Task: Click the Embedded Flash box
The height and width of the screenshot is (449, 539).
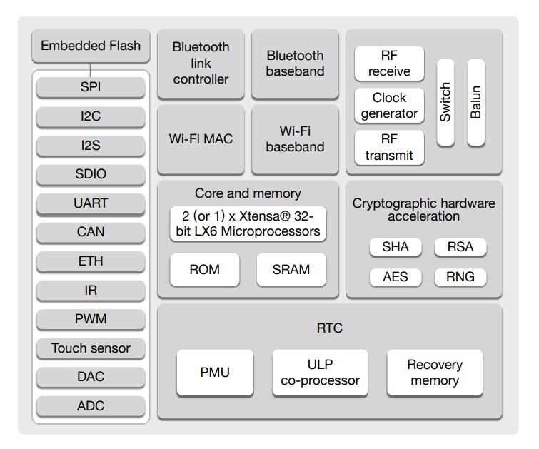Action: coord(91,46)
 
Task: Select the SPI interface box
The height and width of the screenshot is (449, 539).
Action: coord(91,88)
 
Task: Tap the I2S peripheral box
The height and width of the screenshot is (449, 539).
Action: coord(91,146)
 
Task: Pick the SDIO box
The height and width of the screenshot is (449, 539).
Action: coord(91,174)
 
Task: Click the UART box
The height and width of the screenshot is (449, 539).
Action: coord(91,203)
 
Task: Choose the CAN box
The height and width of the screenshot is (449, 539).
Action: coord(91,232)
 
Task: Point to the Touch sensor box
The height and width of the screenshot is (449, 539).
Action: coord(91,348)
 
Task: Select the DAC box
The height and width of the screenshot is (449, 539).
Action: coord(91,377)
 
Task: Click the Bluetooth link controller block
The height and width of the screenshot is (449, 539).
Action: coord(201,64)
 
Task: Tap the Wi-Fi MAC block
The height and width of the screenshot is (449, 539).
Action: coord(201,138)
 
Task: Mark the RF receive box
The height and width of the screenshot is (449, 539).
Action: coord(389,64)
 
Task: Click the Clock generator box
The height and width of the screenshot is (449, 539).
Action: coord(389,105)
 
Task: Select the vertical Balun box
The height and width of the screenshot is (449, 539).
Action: coord(476,102)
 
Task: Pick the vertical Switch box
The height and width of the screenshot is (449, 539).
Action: coord(445,102)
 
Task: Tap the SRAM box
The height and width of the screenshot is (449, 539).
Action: coord(291,269)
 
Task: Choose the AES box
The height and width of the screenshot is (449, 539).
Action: coord(396,276)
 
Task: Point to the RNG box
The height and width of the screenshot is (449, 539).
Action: coord(460,276)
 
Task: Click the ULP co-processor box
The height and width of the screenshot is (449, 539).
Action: coord(320,373)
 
